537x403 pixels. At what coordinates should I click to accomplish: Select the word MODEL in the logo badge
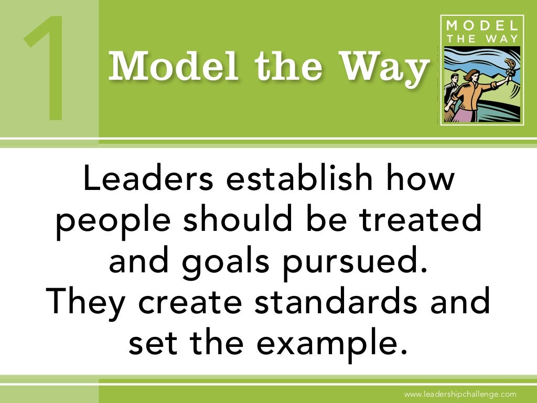pos(481,26)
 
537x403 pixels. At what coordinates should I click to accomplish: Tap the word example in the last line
pos(325,342)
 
